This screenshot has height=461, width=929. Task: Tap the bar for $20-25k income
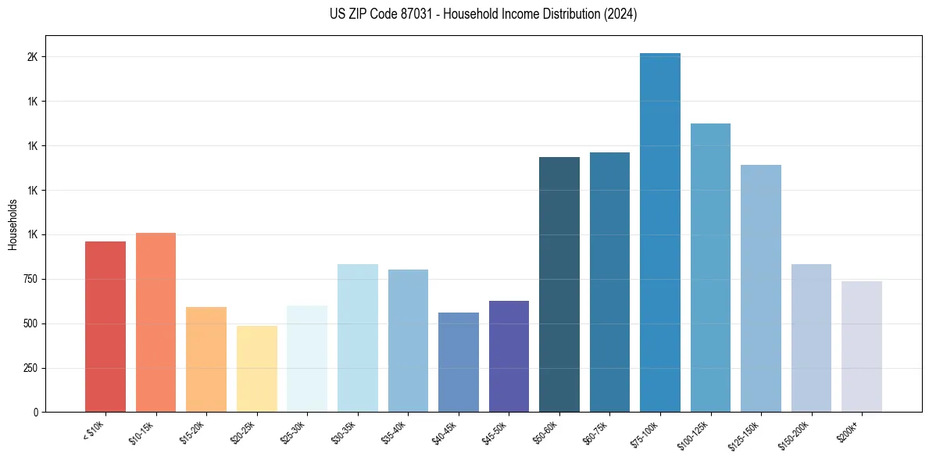pos(257,369)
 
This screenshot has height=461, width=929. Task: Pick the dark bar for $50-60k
pos(559,284)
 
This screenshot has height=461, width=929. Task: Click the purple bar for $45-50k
pos(509,356)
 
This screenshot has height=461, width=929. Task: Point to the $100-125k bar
pos(710,267)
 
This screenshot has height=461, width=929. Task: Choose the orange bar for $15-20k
pos(206,359)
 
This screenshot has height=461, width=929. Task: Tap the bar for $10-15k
pos(155,322)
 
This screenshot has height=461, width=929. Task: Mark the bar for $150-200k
pos(811,338)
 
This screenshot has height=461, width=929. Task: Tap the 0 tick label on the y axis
pos(35,412)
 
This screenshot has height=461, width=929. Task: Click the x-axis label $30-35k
pos(345,431)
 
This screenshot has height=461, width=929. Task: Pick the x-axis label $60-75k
pos(597,431)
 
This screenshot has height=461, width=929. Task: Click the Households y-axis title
pos(13,224)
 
